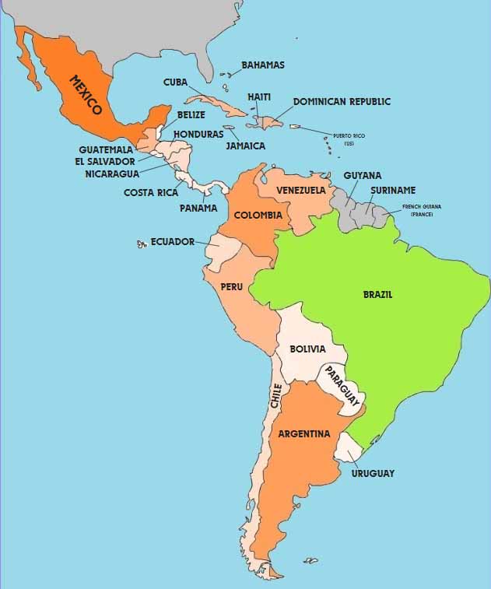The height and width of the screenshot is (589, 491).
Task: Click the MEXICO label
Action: (86, 95)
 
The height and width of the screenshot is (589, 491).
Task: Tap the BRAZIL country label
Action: (377, 295)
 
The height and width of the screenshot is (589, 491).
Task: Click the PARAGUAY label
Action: (343, 385)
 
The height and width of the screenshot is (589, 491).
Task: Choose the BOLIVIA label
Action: (307, 349)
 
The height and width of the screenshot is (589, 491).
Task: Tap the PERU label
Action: (232, 286)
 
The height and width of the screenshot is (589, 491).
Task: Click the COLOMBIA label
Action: (258, 215)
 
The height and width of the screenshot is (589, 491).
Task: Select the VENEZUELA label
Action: (301, 191)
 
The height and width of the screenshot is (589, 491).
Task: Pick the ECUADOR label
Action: (173, 242)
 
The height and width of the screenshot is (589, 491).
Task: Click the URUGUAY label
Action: (373, 473)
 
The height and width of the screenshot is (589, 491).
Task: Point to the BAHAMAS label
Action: (263, 65)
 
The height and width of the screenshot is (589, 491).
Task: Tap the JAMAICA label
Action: (246, 145)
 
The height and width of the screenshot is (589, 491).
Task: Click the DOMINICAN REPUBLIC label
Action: (342, 102)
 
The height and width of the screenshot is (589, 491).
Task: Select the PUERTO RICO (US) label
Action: (349, 139)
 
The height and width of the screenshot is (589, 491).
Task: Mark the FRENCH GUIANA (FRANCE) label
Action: (422, 210)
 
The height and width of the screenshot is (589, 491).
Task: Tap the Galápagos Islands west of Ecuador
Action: (142, 244)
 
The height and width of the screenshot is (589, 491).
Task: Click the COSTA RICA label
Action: (151, 192)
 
